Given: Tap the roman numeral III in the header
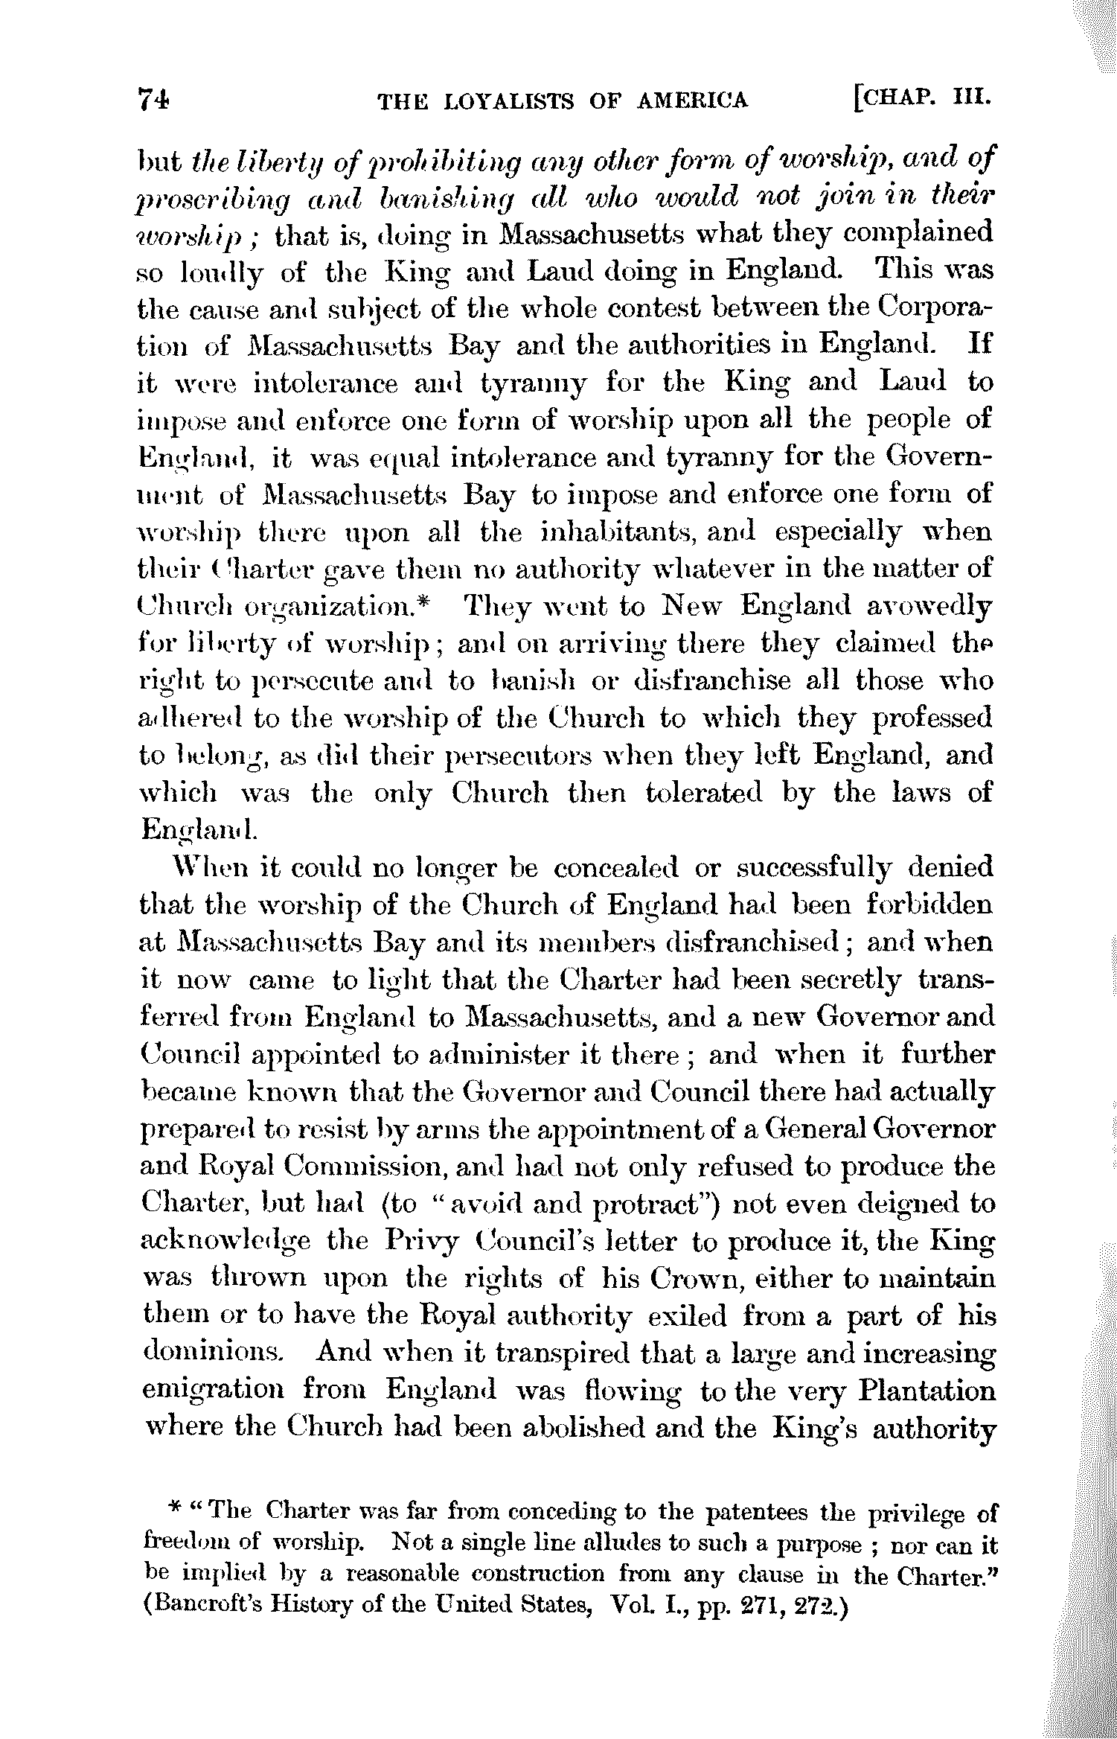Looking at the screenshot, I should (x=973, y=98).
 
